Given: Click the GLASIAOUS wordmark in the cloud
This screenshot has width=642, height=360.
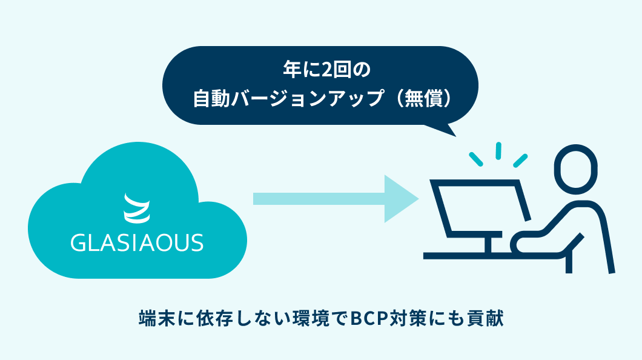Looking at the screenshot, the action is point(137,242).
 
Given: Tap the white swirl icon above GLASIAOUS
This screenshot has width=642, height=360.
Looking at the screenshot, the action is point(137,208).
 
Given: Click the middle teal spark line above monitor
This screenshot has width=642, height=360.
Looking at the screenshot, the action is point(498,151).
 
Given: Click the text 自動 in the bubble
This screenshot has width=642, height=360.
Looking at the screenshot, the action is point(211,99).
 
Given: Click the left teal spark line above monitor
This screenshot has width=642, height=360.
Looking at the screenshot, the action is point(476,159).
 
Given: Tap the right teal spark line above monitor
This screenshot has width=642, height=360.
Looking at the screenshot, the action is point(520,161).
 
